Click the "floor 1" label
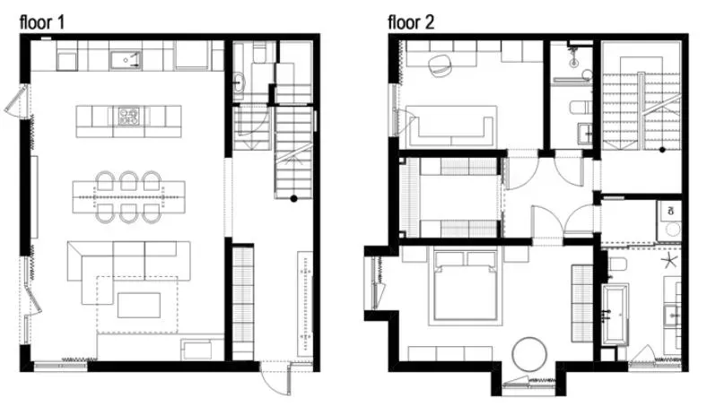pyautogui.click(x=42, y=22)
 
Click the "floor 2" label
pyautogui.click(x=411, y=22)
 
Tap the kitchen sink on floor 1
pyautogui.click(x=126, y=60)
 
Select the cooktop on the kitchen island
pyautogui.click(x=129, y=117)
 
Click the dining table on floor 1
pyautogui.click(x=129, y=197)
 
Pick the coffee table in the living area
pyautogui.click(x=139, y=305)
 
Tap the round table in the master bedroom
pyautogui.click(x=529, y=355)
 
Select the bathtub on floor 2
pyautogui.click(x=615, y=314)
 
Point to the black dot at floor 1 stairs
pyautogui.click(x=293, y=198)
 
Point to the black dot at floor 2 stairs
pyautogui.click(x=662, y=150)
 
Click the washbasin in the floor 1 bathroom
pyautogui.click(x=239, y=82)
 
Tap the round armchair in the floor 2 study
pyautogui.click(x=440, y=65)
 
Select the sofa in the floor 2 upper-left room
pyautogui.click(x=452, y=126)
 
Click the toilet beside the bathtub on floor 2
pyautogui.click(x=615, y=264)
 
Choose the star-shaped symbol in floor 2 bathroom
pyautogui.click(x=670, y=261)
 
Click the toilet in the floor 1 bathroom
pyautogui.click(x=259, y=52)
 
